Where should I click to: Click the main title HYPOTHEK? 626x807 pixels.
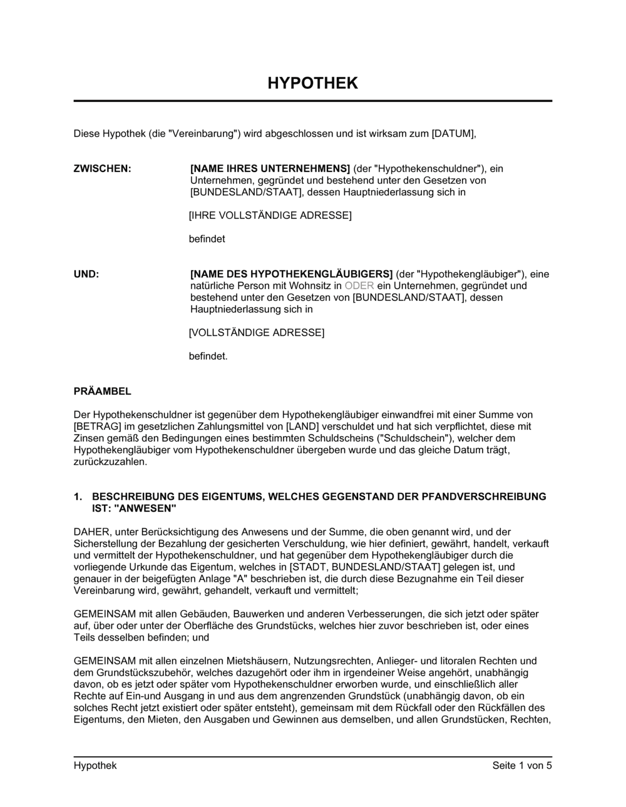312,83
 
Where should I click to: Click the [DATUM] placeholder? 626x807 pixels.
454,133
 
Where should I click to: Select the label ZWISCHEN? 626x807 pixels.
103,168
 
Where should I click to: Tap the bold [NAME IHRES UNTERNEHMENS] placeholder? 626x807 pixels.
270,168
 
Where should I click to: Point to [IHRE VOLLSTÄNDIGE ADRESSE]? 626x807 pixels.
270,216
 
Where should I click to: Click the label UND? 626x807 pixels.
86,274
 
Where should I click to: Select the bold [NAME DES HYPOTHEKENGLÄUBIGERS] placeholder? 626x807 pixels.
291,274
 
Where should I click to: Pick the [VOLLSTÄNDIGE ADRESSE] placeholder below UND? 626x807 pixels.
257,333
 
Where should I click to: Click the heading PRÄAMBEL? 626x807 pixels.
103,392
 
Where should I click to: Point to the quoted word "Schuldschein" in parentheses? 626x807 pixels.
413,439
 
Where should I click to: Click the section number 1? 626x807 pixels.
78,497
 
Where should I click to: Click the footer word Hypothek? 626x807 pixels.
95,766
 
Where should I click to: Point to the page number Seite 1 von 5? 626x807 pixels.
522,766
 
